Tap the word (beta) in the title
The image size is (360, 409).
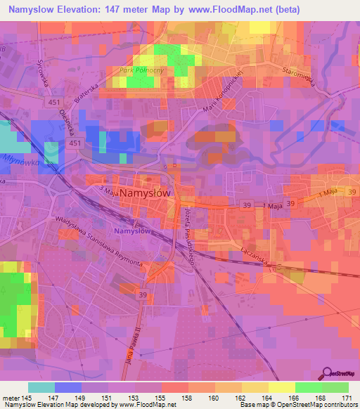pyautogui.click(x=281, y=10)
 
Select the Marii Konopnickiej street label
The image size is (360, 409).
pyautogui.click(x=221, y=91)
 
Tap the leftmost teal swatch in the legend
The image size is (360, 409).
pyautogui.click(x=41, y=387)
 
